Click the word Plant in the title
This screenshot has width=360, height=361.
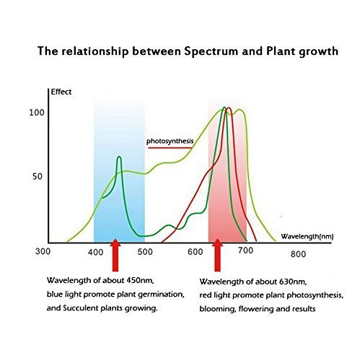pyautogui.click(x=281, y=51)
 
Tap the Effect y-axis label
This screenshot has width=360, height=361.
pyautogui.click(x=61, y=92)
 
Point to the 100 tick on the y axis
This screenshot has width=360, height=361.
pyautogui.click(x=37, y=113)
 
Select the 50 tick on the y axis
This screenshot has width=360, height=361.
pyautogui.click(x=38, y=176)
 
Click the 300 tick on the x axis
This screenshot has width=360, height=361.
pyautogui.click(x=43, y=251)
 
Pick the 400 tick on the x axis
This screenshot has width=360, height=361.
pyautogui.click(x=95, y=252)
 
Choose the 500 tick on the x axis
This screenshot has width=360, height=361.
pyautogui.click(x=145, y=252)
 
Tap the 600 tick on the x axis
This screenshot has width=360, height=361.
pyautogui.click(x=196, y=252)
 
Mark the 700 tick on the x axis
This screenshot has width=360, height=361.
pyautogui.click(x=245, y=251)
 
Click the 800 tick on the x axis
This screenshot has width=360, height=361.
pyautogui.click(x=298, y=254)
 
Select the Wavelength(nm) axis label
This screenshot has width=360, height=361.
pyautogui.click(x=307, y=237)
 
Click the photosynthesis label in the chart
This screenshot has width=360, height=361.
pyautogui.click(x=170, y=141)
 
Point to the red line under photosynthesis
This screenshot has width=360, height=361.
pyautogui.click(x=170, y=148)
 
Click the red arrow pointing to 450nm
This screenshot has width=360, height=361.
pyautogui.click(x=115, y=255)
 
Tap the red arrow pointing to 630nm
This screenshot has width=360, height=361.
pyautogui.click(x=217, y=255)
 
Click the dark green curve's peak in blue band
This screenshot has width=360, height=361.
pyautogui.click(x=119, y=157)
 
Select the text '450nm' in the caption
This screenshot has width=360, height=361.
pyautogui.click(x=140, y=280)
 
